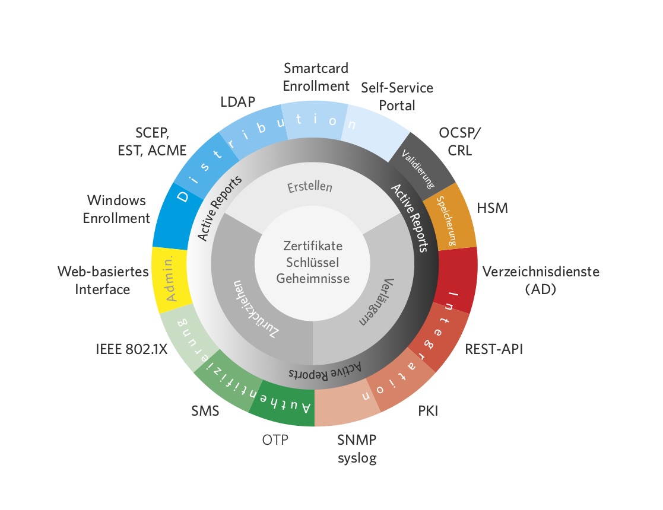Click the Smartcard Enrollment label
[316, 77]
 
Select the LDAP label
[237, 102]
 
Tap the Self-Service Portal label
[396, 96]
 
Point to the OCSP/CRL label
[459, 142]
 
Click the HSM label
[492, 208]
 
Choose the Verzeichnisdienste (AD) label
[541, 280]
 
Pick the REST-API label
[494, 349]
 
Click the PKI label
[428, 411]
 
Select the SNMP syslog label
[357, 449]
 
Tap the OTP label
[275, 440]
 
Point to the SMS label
[205, 411]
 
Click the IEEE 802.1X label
[132, 349]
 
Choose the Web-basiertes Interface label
[103, 280]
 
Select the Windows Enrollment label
[116, 209]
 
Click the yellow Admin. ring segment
[170, 279]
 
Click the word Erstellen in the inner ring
[310, 187]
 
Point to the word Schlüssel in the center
[312, 262]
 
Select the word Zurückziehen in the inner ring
[255, 309]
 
